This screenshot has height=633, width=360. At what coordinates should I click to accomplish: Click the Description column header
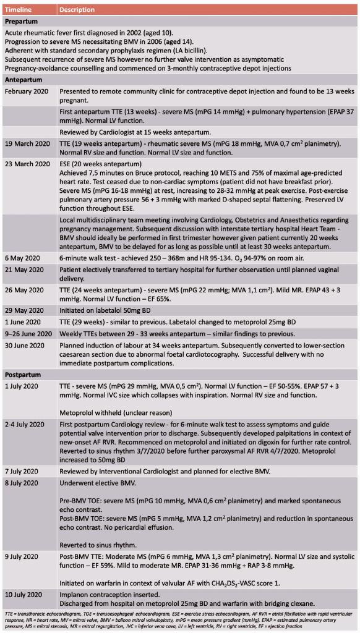point(77,10)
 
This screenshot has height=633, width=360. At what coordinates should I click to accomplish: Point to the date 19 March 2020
point(27,143)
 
